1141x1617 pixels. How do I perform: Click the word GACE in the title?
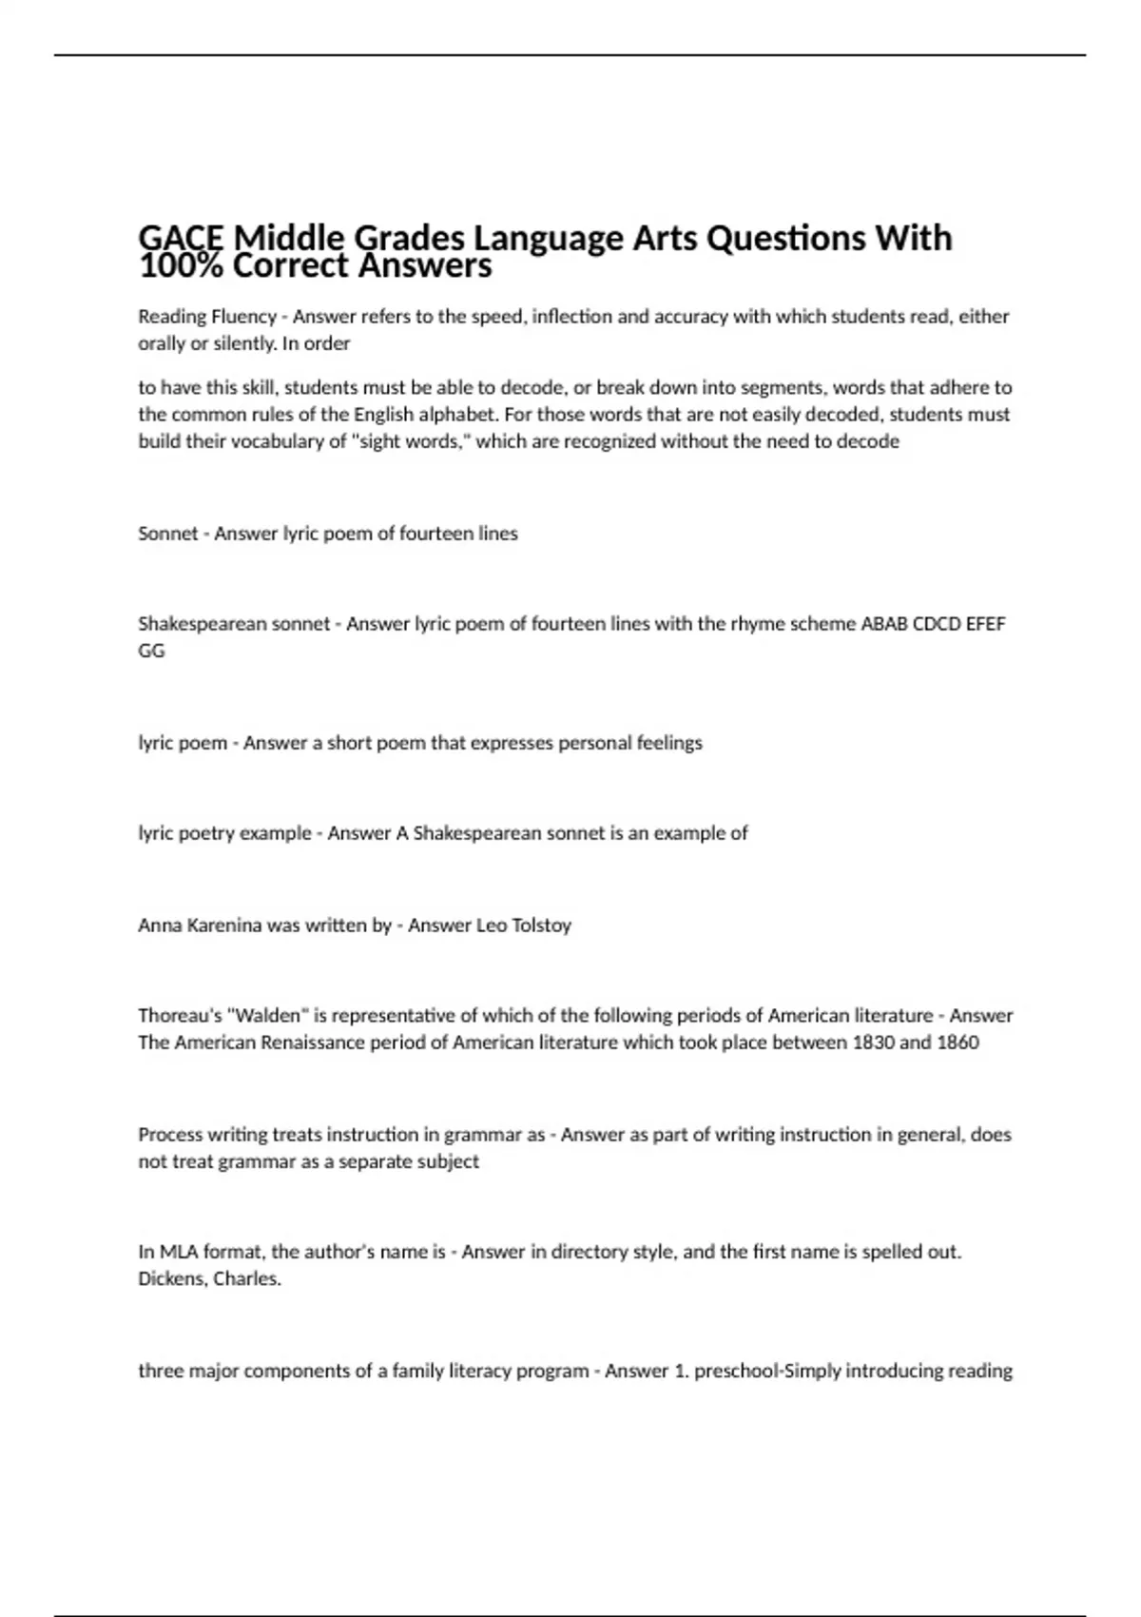tap(182, 238)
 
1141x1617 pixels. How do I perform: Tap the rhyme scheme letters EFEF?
tap(985, 625)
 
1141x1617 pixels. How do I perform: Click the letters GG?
tap(151, 652)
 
